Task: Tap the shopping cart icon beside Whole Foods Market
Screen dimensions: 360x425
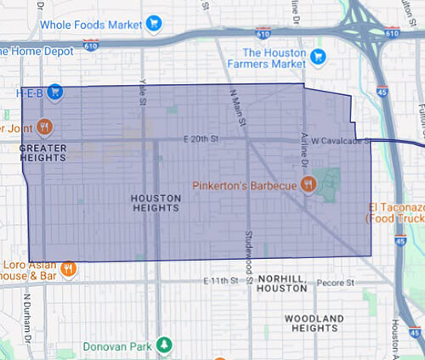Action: click(154, 23)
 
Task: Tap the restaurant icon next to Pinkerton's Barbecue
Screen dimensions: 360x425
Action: click(309, 183)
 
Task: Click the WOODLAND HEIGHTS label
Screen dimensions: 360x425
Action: click(315, 323)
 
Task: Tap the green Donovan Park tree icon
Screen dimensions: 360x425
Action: click(167, 346)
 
